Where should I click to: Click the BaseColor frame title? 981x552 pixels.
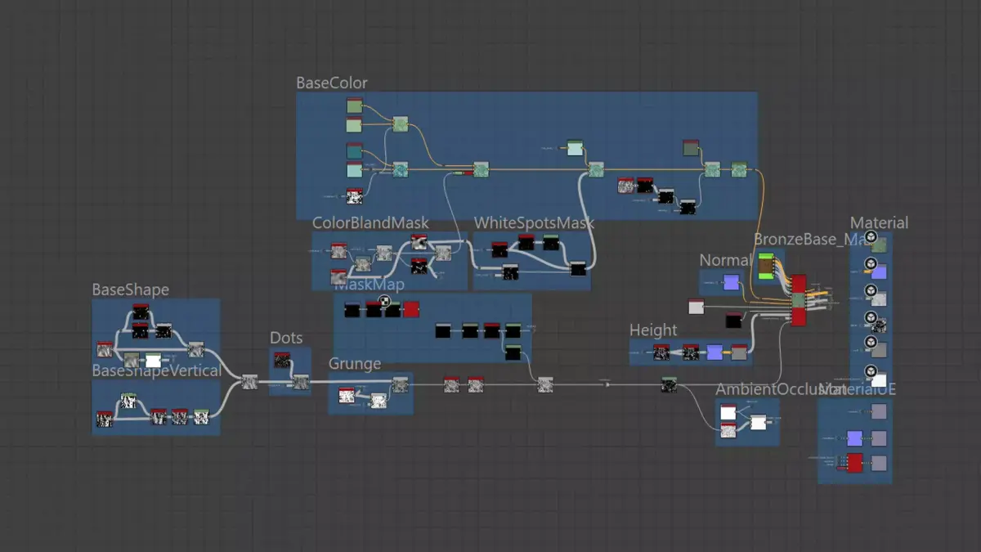click(331, 83)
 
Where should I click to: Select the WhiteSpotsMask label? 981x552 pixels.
click(533, 223)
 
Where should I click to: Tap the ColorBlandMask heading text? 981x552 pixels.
click(370, 223)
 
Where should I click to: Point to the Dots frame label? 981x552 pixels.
click(286, 339)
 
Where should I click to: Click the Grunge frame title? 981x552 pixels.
click(356, 364)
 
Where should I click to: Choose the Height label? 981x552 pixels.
click(652, 330)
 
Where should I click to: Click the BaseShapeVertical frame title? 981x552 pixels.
click(156, 370)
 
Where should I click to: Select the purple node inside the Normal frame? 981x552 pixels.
click(731, 283)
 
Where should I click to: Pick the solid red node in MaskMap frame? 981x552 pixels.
click(411, 310)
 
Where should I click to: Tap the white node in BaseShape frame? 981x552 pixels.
click(153, 361)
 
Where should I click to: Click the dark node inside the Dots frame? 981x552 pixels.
click(283, 361)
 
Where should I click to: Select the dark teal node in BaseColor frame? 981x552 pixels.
click(354, 151)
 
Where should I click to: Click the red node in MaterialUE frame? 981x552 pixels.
click(855, 463)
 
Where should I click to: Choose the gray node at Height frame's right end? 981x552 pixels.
click(739, 352)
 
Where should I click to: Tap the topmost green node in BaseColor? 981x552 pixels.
click(354, 107)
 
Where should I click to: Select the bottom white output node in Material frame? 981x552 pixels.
click(878, 379)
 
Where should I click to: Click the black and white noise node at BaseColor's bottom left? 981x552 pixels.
click(354, 196)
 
